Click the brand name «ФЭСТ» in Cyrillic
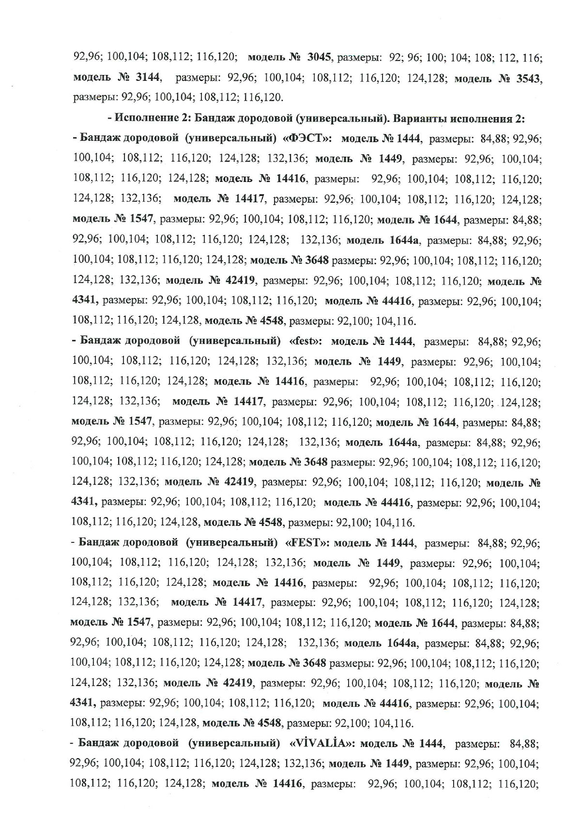(308, 139)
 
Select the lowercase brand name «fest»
(305, 341)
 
